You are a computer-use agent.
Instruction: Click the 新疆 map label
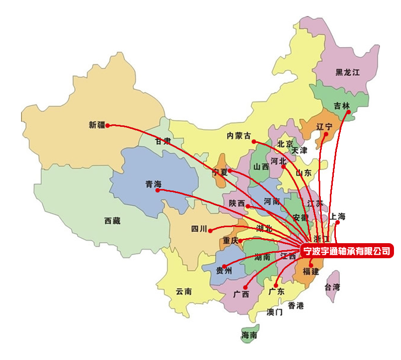[x=97, y=125]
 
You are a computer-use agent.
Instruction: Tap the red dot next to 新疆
[x=107, y=125]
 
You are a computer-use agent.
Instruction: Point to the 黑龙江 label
[x=348, y=72]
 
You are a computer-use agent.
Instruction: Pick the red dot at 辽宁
[x=328, y=135]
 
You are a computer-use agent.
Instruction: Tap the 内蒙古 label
[x=238, y=135]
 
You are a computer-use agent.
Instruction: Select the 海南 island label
[x=249, y=335]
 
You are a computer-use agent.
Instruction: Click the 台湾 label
[x=332, y=287]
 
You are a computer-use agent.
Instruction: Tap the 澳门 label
[x=275, y=312]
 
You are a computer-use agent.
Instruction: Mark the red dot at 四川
[x=211, y=230]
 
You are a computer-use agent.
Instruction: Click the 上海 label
[x=337, y=217]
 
